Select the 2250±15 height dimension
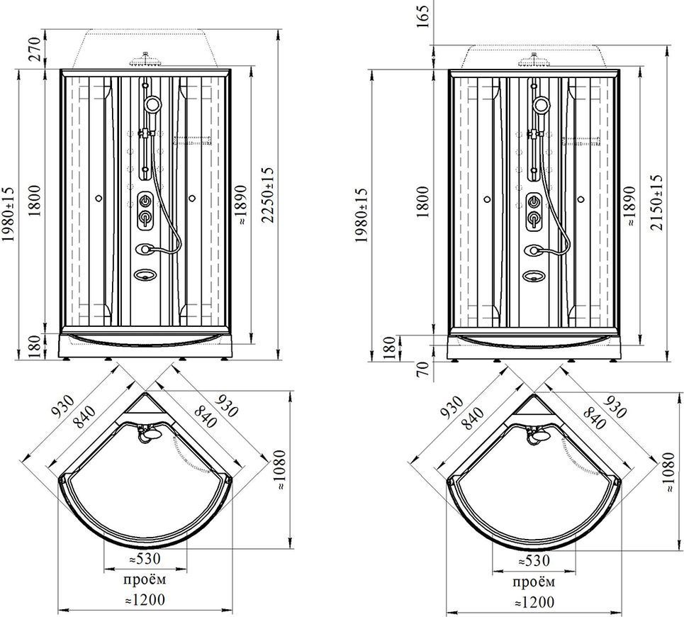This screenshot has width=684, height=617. (x=267, y=195)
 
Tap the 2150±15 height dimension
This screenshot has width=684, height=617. (x=656, y=202)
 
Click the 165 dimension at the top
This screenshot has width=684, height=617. (x=422, y=15)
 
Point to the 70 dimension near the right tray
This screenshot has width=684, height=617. (x=422, y=369)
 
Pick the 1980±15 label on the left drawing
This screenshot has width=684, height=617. (x=9, y=215)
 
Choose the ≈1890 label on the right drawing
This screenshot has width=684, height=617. (x=629, y=206)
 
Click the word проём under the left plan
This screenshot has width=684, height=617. (x=145, y=579)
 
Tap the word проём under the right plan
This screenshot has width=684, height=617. (x=533, y=582)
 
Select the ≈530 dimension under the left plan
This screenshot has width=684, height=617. (x=145, y=559)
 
